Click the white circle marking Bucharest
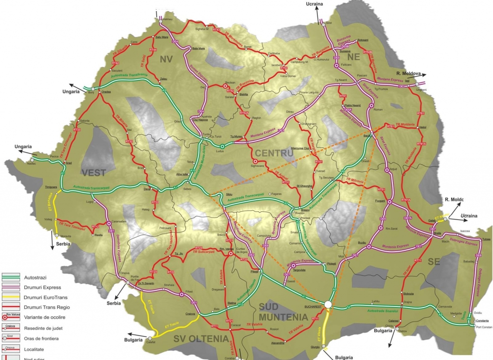(328, 304)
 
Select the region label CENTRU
(274, 153)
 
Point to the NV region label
(166, 59)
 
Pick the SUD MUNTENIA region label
(283, 312)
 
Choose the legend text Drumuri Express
(42, 287)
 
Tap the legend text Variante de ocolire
(45, 318)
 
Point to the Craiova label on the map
(190, 314)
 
